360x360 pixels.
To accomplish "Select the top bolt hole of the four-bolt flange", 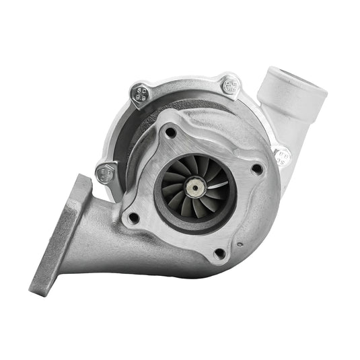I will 172,132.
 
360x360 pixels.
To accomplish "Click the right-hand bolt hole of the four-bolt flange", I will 256,170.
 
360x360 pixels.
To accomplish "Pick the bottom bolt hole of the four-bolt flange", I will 218,254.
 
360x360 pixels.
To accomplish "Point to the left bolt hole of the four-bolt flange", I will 134,217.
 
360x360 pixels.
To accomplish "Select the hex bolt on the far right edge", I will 283,156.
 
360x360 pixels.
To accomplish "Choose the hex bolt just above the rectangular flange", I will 106,174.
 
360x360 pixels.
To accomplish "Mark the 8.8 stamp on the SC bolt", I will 142,99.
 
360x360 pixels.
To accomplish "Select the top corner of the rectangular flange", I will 82,178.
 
